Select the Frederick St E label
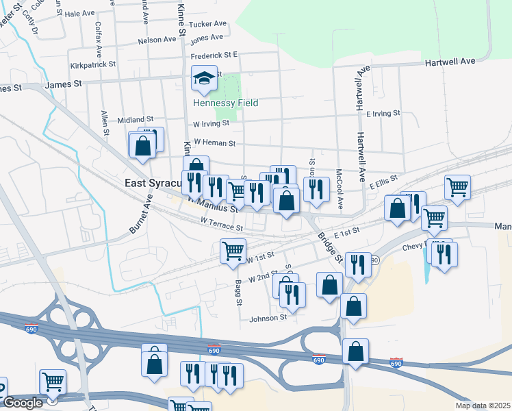(x=214, y=55)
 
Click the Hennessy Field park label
(x=226, y=103)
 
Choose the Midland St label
(x=131, y=120)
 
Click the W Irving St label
(x=211, y=124)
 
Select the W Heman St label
(x=214, y=143)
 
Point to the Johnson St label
(x=268, y=319)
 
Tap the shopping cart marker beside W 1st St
(x=233, y=250)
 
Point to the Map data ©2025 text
(x=483, y=406)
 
